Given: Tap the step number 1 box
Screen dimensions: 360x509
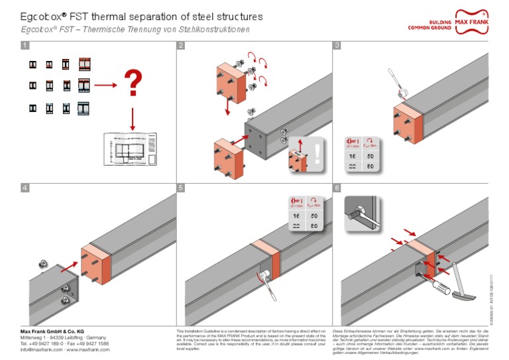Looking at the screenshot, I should click(25, 46).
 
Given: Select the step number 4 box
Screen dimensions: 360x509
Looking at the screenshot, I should click(25, 188).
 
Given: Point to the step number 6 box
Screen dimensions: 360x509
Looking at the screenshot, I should click(337, 188).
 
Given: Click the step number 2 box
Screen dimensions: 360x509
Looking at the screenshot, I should click(181, 46).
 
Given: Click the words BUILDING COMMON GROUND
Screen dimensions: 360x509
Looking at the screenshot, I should click(431, 25).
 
